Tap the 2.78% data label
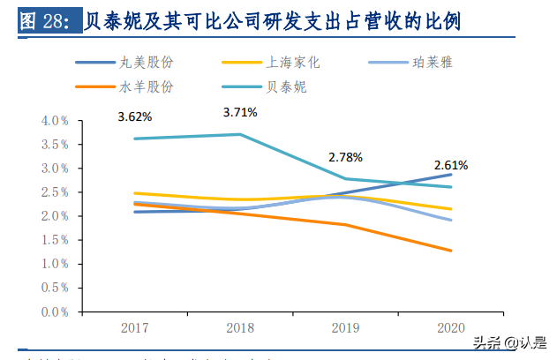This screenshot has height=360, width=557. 345,157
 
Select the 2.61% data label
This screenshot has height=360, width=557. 450,165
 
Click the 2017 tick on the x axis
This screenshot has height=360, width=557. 135,327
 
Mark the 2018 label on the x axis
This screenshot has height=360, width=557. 240,327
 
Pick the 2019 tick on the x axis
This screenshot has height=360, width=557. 345,327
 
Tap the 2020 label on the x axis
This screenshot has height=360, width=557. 451,327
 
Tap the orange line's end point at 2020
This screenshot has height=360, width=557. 451,251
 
